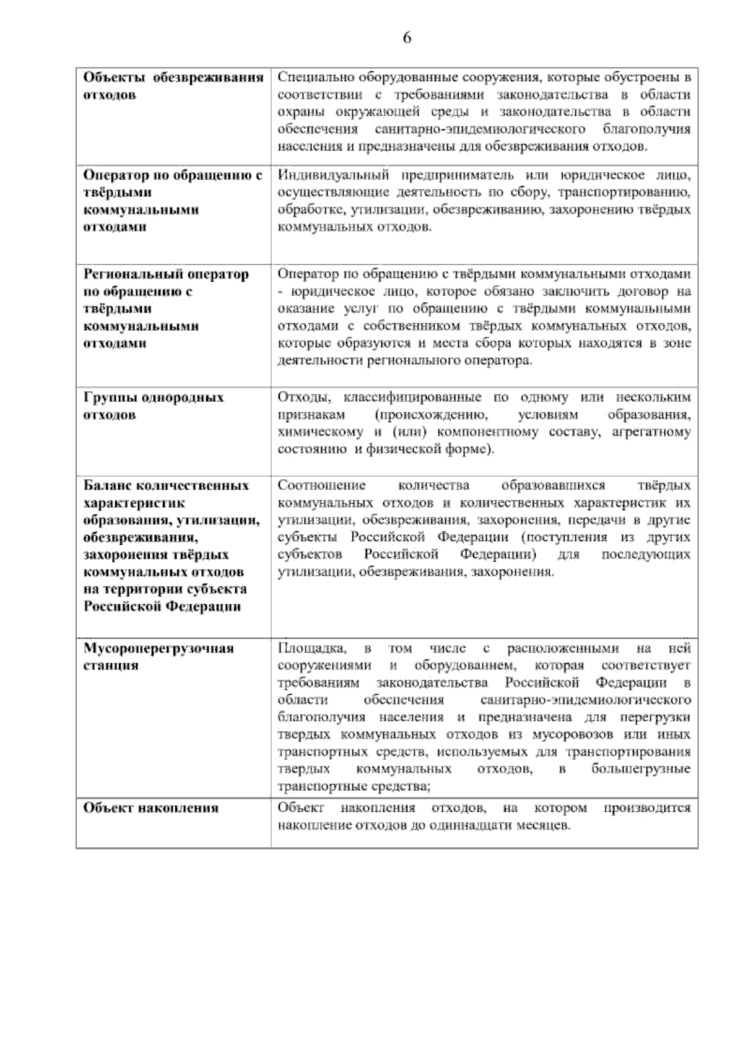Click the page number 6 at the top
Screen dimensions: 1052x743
[407, 38]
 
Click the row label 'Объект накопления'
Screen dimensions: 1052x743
[151, 808]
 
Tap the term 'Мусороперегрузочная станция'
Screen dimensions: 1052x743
[159, 657]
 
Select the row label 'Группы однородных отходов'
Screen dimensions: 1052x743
[154, 406]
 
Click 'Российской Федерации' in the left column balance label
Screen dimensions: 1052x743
[162, 606]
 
